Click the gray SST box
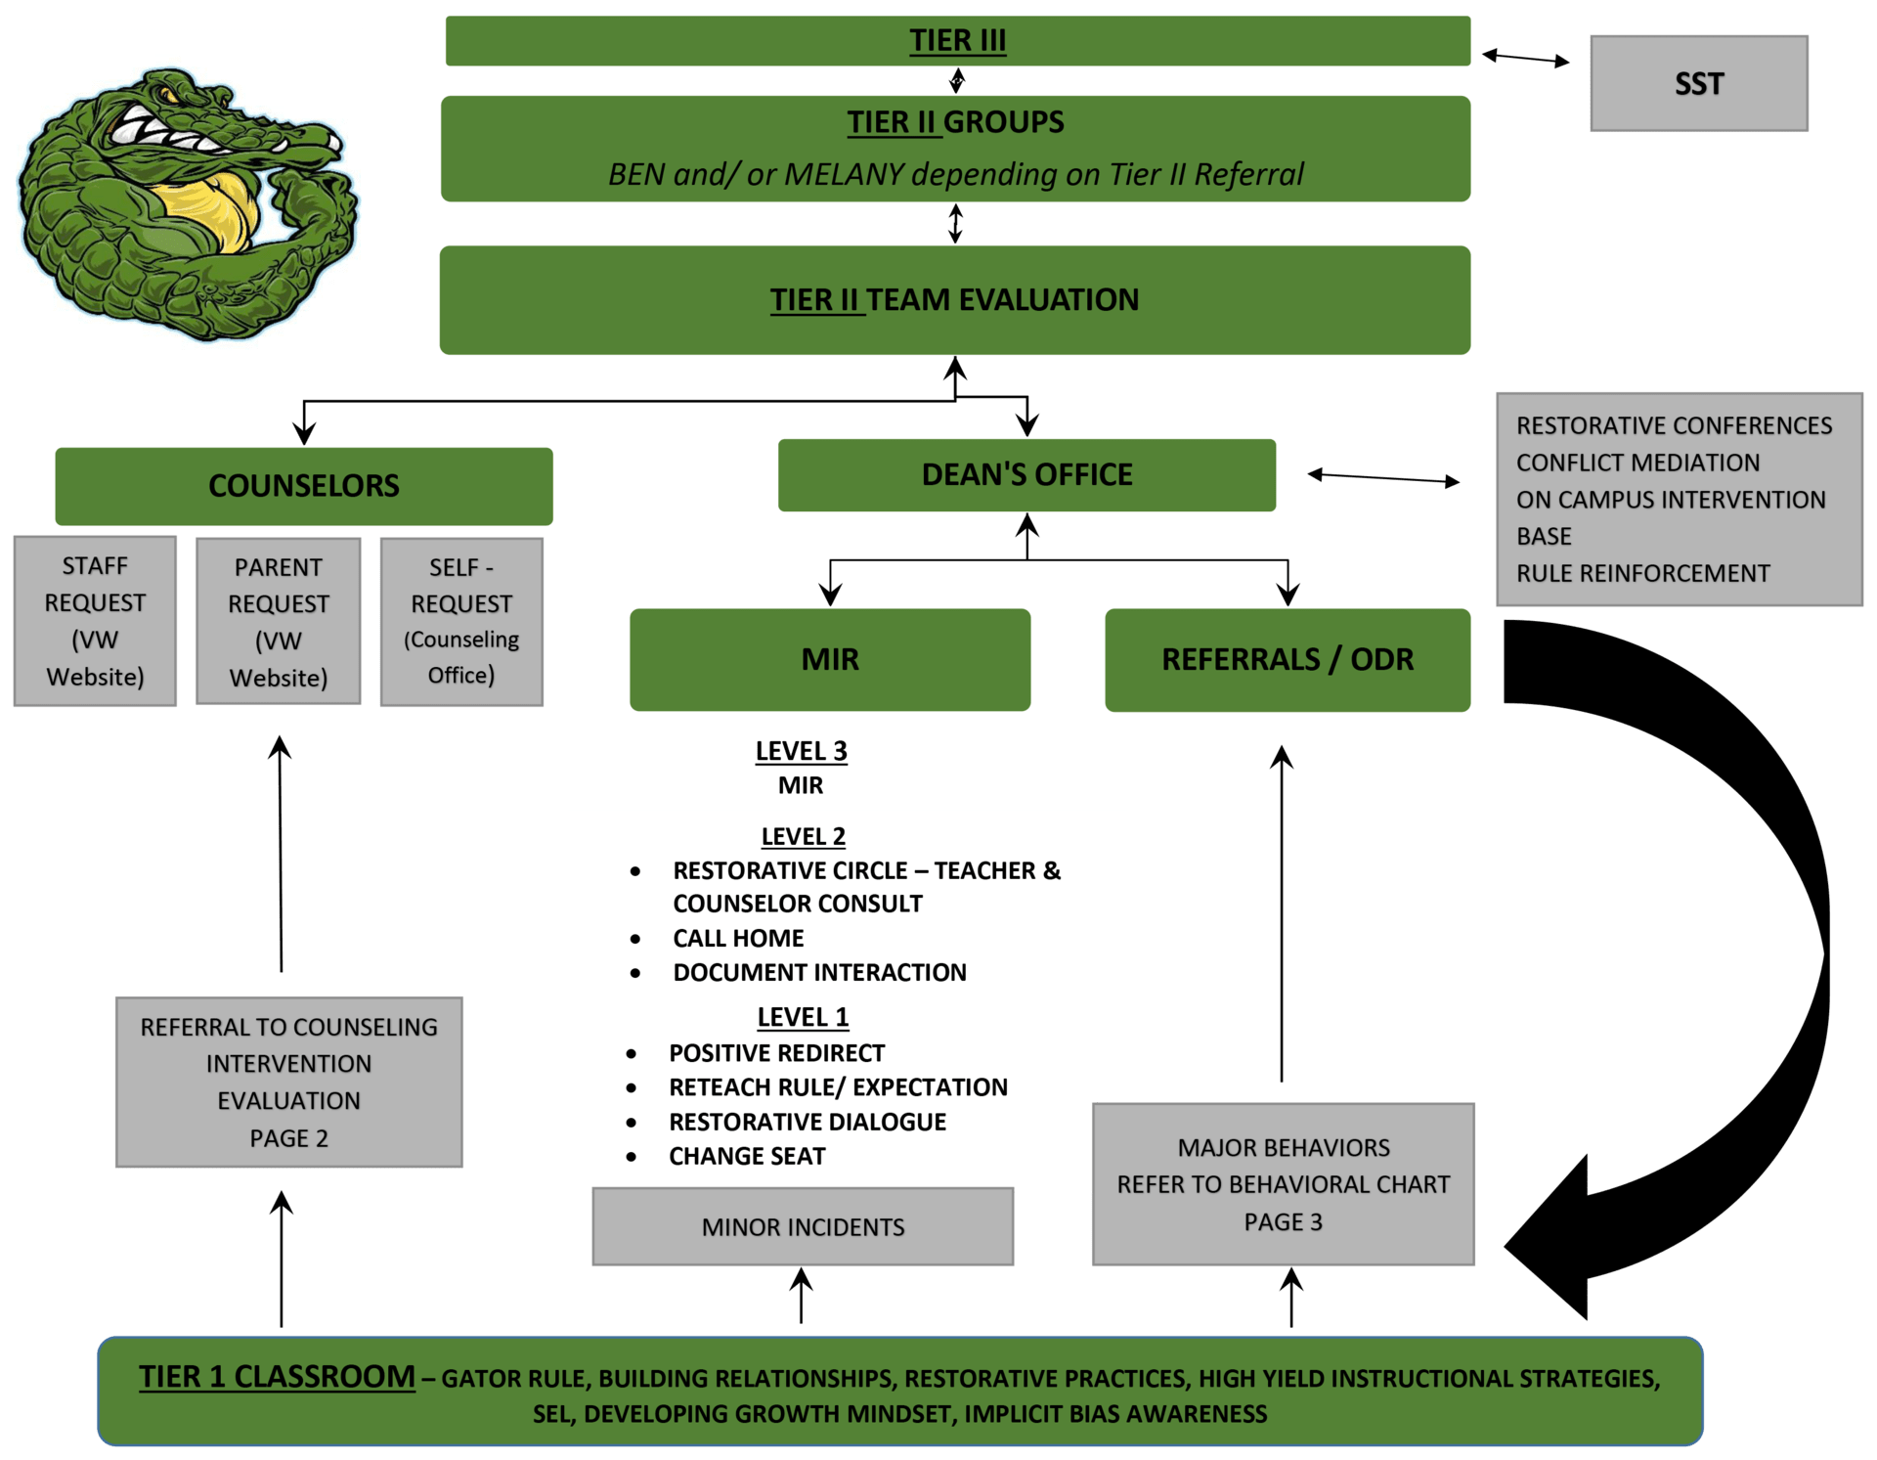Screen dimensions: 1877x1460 [1698, 83]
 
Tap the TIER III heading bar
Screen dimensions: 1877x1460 [957, 40]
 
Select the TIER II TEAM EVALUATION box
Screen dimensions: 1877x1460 [954, 299]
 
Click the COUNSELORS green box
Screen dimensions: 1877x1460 [304, 486]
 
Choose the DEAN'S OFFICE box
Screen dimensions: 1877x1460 [1026, 474]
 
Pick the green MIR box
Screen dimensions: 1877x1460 [830, 659]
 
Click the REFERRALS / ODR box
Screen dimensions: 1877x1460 [1288, 659]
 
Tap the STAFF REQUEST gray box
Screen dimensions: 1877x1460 [95, 621]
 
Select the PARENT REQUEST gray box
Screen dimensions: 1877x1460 [279, 621]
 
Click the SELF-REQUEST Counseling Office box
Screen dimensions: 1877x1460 [461, 621]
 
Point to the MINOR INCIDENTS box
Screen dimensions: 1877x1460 [803, 1226]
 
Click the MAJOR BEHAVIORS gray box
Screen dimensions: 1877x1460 [1283, 1184]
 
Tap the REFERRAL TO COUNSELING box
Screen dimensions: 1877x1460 [289, 1082]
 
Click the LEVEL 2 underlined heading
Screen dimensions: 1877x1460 [803, 837]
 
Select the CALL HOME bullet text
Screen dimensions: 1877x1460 [738, 939]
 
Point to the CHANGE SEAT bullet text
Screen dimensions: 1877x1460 [747, 1157]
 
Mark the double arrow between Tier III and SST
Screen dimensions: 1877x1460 [1526, 59]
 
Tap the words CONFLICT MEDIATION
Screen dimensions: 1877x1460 [1637, 463]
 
